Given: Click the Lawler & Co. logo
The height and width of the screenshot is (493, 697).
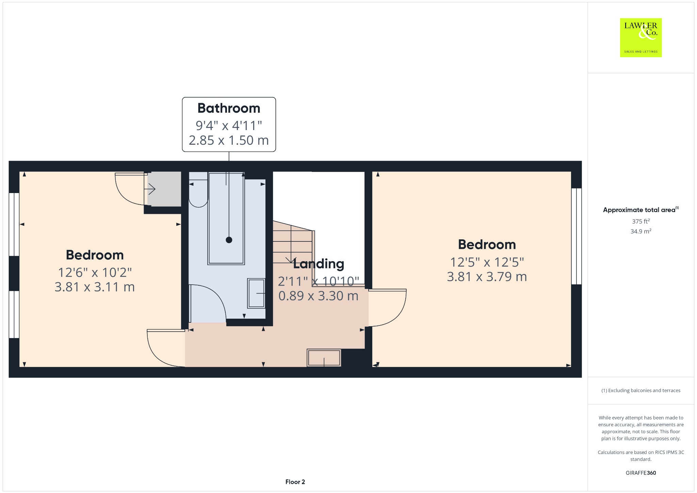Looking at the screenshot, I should point(641,37).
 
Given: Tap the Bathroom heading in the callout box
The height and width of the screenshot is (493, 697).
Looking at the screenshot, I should point(229,108).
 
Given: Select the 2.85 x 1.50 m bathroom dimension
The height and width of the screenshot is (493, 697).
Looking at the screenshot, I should point(229,140).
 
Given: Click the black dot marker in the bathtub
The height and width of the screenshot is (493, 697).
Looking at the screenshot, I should point(229,240).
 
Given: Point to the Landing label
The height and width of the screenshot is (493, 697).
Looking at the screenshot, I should point(319,264).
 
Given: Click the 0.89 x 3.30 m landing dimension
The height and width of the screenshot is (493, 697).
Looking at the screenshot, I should point(319,296).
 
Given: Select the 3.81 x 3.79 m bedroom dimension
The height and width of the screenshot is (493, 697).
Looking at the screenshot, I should point(487,277).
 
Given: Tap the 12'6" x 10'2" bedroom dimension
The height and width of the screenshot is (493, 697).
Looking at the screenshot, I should point(95,272).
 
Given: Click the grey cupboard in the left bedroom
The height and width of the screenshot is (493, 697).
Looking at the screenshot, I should point(164,189).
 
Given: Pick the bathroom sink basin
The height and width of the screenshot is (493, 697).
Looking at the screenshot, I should point(256,293).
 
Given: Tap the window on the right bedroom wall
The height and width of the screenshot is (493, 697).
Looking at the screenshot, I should point(576,236).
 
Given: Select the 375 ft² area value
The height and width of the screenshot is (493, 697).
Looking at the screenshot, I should point(641,221).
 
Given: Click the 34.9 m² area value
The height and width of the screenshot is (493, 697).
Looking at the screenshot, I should point(641,232).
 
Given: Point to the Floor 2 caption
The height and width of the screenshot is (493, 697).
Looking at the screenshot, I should point(295,482).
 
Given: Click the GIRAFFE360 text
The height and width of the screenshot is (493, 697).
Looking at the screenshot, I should point(641,473).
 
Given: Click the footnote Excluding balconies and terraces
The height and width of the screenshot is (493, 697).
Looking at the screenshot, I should point(641,391).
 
